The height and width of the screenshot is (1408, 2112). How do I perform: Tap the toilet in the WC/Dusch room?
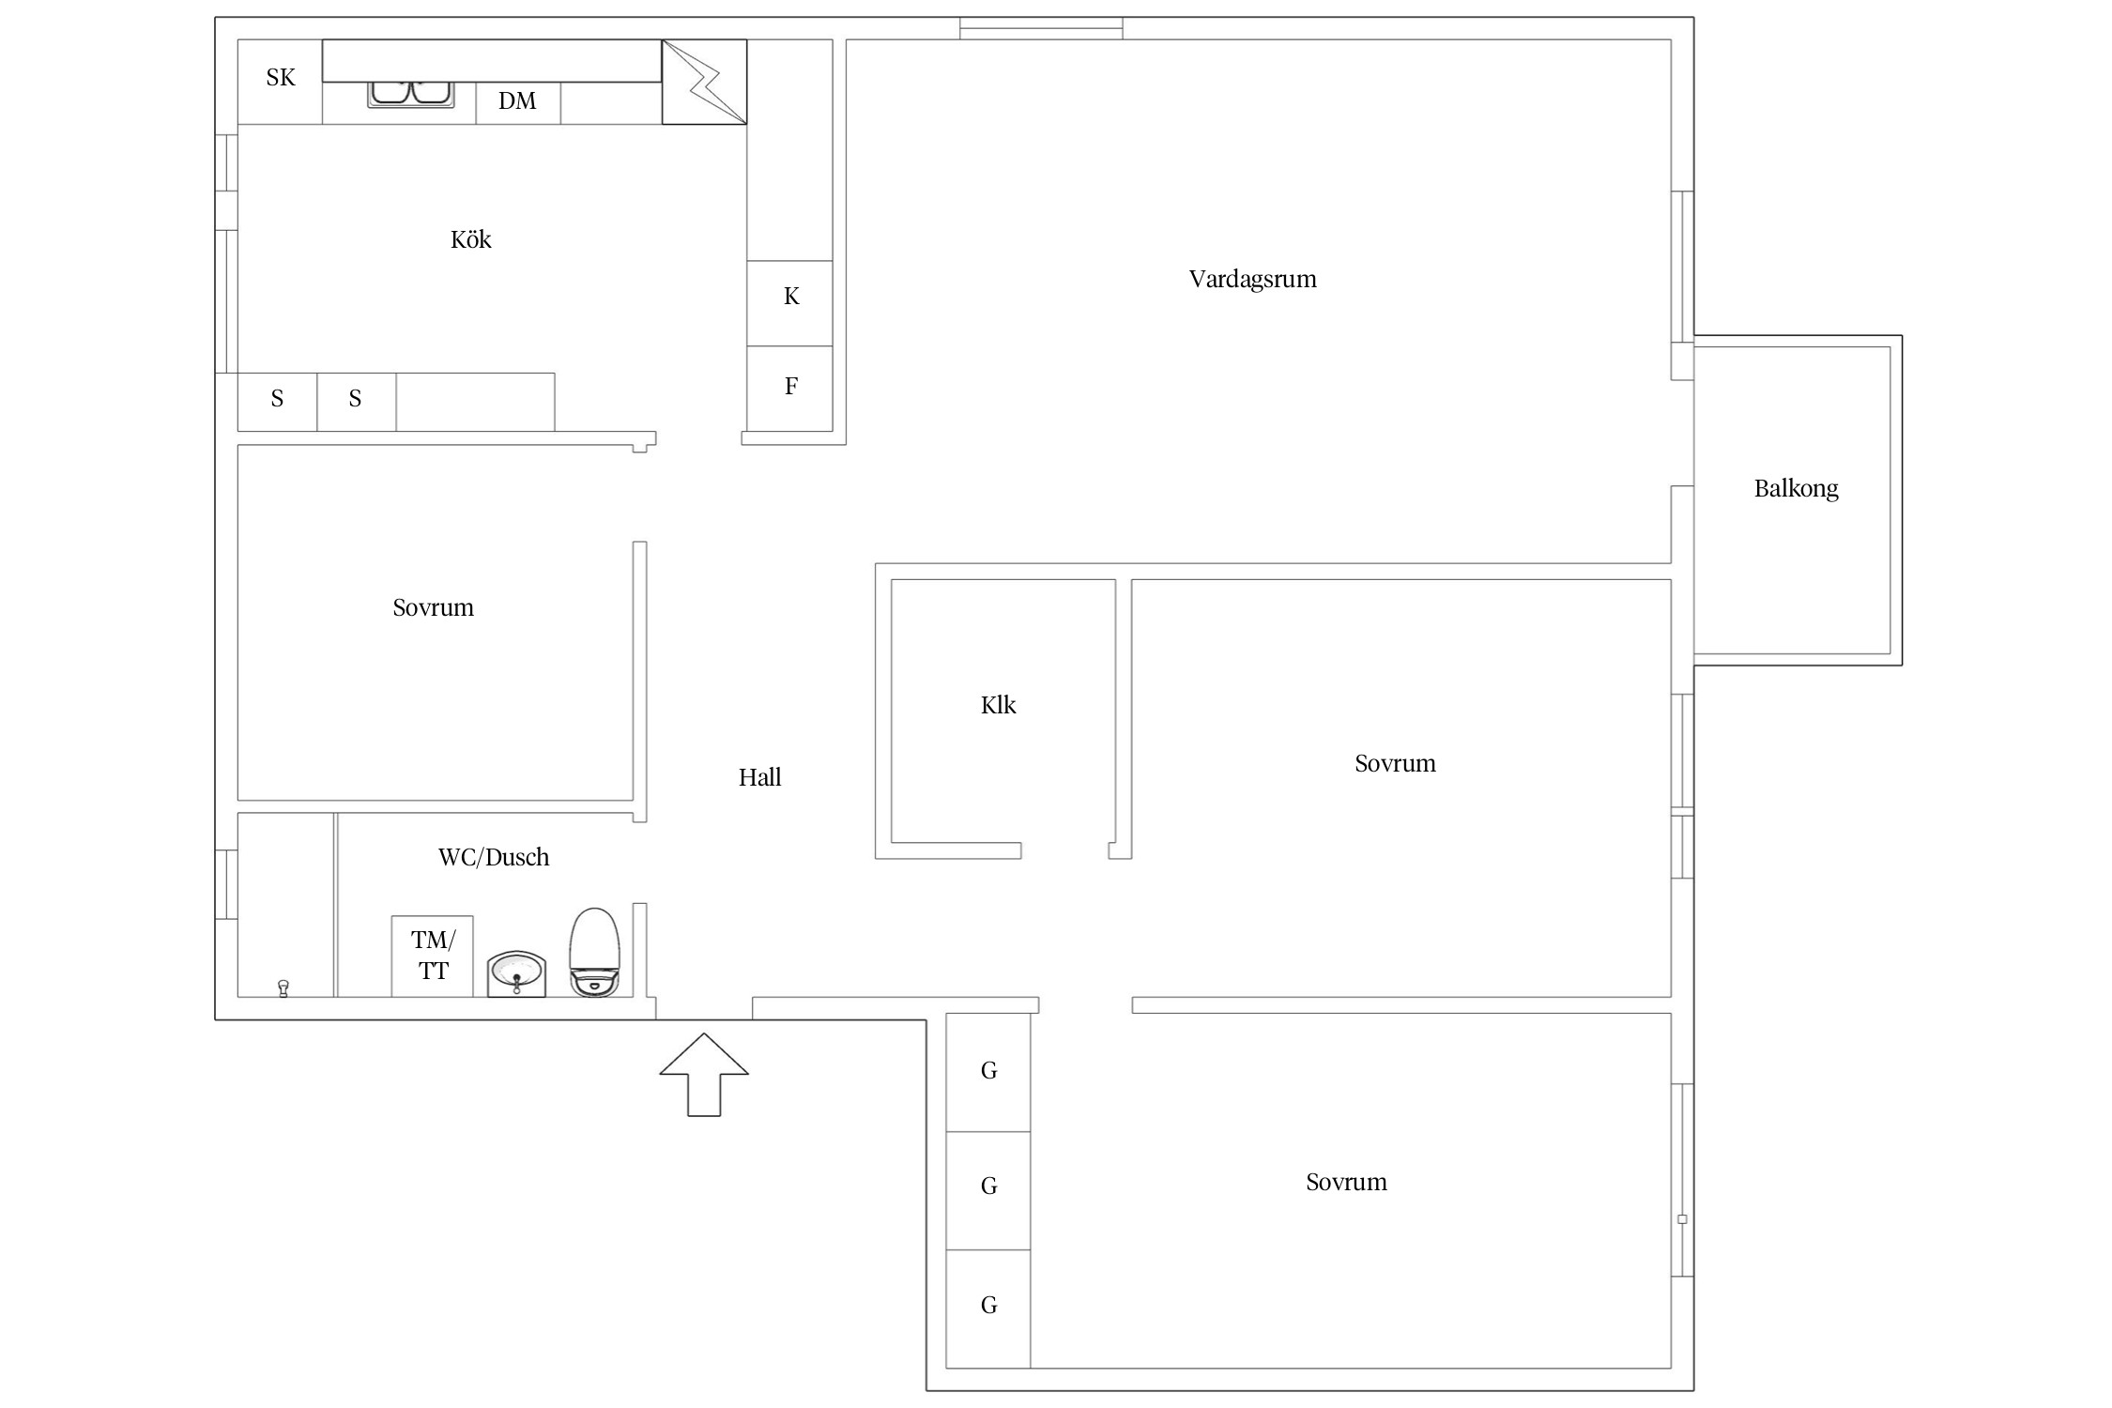(595, 952)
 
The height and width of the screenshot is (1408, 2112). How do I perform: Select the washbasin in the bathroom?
(516, 974)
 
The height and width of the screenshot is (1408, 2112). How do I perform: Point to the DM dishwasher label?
(517, 101)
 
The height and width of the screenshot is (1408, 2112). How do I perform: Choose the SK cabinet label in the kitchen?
(281, 78)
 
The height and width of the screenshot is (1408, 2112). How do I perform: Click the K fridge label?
(791, 297)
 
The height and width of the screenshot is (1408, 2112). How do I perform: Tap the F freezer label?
(791, 386)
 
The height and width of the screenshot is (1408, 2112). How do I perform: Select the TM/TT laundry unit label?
(433, 956)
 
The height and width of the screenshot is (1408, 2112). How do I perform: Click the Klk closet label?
(998, 705)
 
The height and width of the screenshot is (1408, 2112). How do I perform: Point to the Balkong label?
(1796, 489)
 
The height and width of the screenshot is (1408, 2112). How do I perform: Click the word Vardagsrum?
(1252, 280)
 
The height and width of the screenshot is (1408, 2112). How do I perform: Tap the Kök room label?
(470, 240)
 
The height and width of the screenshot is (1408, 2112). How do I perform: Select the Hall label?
(759, 777)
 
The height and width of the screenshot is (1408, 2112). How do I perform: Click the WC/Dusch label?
(494, 857)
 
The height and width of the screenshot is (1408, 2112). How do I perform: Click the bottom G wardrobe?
(988, 1309)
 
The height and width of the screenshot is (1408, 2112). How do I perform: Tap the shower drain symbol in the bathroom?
(283, 987)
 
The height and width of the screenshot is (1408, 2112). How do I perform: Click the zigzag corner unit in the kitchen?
(704, 82)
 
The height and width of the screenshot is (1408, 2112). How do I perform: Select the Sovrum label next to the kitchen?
(433, 608)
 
